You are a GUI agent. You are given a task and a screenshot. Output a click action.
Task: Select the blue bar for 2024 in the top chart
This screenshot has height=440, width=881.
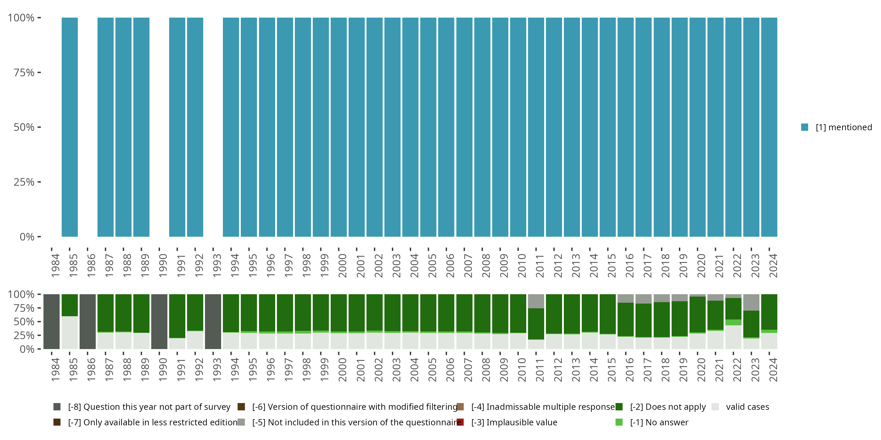pos(769,127)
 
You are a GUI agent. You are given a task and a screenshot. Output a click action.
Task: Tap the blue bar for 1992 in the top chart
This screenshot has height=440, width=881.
pos(195,127)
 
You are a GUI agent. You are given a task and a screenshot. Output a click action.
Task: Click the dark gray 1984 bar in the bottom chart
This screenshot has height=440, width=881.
pos(52,321)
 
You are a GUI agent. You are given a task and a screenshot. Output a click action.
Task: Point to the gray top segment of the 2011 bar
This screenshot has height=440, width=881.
pos(536,301)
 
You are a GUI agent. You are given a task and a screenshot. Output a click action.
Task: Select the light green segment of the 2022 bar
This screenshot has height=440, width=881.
pos(733,322)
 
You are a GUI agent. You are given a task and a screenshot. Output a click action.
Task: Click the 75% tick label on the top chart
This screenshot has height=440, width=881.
pos(24,73)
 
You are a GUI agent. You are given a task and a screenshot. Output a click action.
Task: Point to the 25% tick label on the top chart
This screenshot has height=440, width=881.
pos(24,182)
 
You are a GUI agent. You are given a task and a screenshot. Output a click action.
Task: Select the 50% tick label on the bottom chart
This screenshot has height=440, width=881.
pos(24,322)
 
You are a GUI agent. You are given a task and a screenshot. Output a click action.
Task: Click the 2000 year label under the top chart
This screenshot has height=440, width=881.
pos(342,266)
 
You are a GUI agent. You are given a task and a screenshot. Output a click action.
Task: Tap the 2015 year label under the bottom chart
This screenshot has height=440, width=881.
pos(611,370)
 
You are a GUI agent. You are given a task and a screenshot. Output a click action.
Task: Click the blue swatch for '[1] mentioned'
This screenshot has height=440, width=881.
pos(804,127)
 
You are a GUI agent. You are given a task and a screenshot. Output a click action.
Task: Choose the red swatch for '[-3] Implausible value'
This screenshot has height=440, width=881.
pos(460,422)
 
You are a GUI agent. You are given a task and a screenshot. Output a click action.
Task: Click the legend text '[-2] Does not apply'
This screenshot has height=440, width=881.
pos(668,407)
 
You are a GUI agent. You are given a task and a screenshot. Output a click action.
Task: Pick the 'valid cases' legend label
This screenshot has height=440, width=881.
pos(747,407)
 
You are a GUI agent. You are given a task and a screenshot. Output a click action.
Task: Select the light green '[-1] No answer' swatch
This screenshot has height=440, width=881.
pos(619,422)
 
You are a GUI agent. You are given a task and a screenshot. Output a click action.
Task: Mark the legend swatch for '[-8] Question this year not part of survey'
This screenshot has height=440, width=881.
pos(57,407)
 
